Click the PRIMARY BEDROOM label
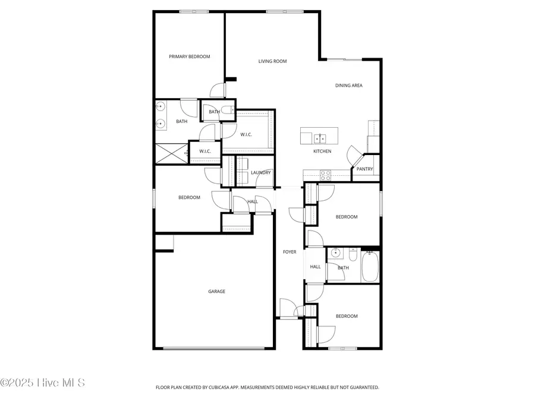click(189, 57)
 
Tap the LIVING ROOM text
click(272, 61)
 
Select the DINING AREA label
click(348, 86)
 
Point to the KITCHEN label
click(322, 151)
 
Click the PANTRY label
click(364, 169)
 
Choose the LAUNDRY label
click(261, 173)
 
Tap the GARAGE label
click(216, 292)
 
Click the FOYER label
click(289, 252)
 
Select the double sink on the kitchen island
click(319, 138)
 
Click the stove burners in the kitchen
click(326, 175)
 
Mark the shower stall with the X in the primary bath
click(171, 154)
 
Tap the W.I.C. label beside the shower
click(205, 151)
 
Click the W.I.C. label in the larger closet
click(246, 135)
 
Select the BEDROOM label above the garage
click(189, 198)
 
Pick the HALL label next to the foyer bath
click(315, 267)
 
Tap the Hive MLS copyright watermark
click(43, 383)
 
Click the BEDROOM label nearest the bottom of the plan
click(347, 316)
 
